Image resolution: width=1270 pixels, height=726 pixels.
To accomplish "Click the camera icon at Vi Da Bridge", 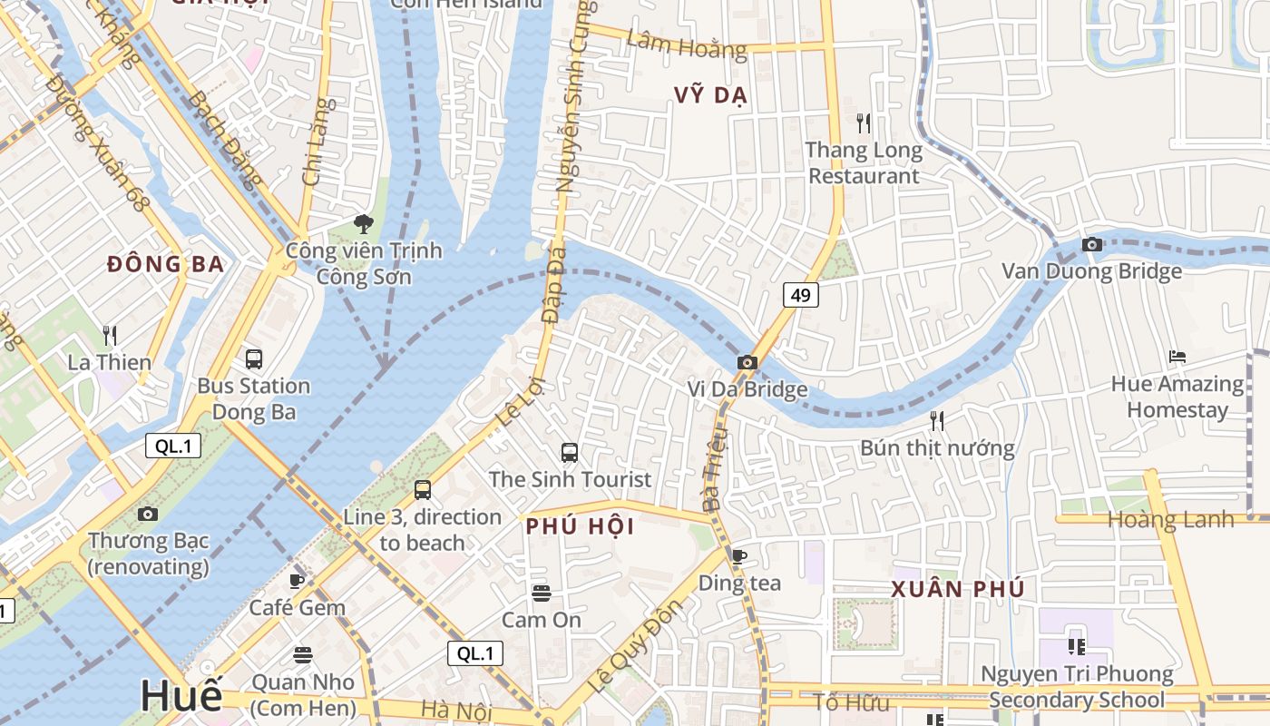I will (747, 363).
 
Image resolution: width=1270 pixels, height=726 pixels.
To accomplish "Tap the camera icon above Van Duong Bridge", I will (1091, 244).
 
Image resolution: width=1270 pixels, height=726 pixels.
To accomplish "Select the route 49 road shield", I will (800, 295).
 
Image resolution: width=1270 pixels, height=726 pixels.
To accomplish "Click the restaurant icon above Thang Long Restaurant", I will (864, 122).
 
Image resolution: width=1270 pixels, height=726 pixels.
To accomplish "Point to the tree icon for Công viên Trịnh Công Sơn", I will (364, 223).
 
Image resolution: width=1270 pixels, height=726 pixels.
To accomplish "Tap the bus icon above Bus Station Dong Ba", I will (254, 359).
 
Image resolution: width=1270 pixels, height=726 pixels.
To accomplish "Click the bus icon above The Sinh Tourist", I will (570, 452).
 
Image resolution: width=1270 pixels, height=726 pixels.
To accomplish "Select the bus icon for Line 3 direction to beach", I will (423, 490).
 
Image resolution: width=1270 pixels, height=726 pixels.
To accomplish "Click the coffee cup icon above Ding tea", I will (739, 556).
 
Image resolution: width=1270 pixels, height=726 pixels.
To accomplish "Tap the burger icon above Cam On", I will (542, 594).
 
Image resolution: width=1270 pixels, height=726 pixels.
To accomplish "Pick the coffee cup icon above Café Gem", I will (297, 581).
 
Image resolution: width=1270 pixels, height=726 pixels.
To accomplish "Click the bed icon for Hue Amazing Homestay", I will (1177, 357).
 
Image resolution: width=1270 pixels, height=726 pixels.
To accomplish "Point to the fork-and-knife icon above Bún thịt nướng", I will (937, 420).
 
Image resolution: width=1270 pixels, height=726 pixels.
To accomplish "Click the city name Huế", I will (181, 696).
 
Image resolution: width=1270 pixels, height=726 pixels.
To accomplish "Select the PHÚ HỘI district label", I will (580, 527).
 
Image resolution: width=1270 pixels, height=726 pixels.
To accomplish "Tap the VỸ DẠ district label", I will (710, 95).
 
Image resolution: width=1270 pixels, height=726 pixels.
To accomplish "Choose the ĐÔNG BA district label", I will (165, 264).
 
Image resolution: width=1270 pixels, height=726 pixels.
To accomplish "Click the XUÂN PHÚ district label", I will (958, 589).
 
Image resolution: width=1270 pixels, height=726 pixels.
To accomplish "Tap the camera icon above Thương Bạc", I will (148, 515).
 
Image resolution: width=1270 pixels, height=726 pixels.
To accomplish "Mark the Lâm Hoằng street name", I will (686, 43).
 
